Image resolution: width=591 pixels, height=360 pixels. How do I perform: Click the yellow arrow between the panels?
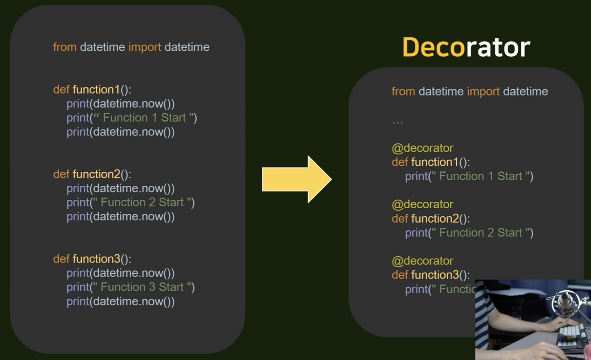pos(296,179)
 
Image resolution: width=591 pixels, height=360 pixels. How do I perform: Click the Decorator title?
pos(466,47)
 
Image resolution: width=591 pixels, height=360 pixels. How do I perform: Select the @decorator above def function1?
pos(422,148)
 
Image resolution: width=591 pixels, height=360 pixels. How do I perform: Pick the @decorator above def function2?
pos(422,204)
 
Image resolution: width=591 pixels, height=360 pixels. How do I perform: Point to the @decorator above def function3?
pos(422,261)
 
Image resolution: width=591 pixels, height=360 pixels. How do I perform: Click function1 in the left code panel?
pos(96,89)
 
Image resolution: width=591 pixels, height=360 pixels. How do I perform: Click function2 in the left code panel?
pos(96,174)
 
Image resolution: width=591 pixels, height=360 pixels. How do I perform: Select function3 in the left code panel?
pos(96,259)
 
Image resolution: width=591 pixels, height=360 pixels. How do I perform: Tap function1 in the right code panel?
pos(435,162)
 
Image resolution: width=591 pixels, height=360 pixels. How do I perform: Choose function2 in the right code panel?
pos(435,219)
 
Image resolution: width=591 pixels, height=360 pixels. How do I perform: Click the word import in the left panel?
pos(144,47)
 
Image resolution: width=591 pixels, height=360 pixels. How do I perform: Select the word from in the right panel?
pos(403,92)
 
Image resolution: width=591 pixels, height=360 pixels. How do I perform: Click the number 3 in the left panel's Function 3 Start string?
pos(152,287)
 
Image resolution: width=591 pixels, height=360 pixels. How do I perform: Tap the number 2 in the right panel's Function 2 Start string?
pos(491,233)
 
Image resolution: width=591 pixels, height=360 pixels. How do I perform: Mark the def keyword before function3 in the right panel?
pos(400,275)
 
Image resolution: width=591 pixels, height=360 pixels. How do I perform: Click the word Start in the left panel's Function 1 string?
pos(174,118)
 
